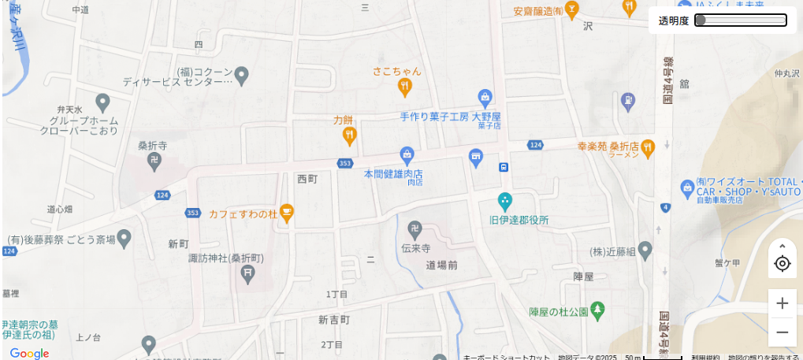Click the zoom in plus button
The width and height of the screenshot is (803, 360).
782,303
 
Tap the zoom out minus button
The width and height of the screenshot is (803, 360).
782,332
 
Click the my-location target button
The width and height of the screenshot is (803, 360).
782,263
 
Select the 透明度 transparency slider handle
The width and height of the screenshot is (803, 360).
700,20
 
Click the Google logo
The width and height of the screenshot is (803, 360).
29,354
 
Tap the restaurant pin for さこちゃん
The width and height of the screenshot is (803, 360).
405,86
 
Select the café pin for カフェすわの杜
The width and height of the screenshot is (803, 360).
287,213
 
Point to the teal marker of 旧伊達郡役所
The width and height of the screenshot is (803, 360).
505,201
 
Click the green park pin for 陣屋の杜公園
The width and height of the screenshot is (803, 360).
598,310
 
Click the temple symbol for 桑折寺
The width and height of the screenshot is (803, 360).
154,161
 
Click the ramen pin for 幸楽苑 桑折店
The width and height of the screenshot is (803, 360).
648,147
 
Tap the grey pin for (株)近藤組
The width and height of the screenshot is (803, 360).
645,251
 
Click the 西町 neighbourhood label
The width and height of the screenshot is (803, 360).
307,179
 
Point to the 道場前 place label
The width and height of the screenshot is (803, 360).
441,265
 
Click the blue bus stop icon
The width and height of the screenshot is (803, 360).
503,167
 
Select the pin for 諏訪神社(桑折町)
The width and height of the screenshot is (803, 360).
248,274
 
